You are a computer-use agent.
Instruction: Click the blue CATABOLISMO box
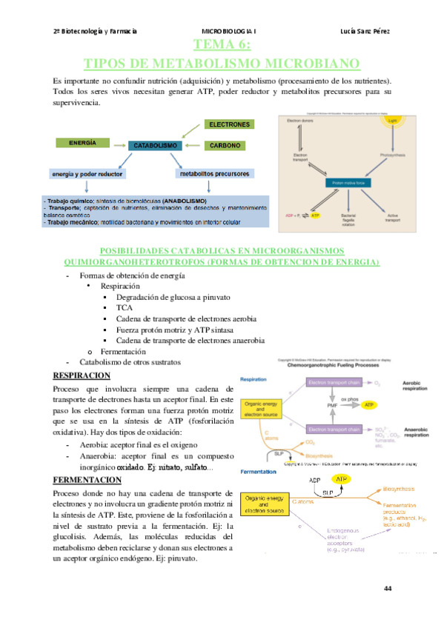[x=155, y=146]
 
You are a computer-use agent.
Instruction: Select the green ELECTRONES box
[x=229, y=124]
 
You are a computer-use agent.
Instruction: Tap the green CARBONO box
[x=229, y=146]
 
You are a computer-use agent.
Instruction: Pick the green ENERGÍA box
[x=84, y=141]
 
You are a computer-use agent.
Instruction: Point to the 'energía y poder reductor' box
[x=88, y=174]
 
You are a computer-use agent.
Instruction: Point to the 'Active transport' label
[x=391, y=218]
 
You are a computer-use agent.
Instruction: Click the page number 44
[x=388, y=588]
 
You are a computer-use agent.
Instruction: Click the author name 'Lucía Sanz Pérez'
[x=365, y=31]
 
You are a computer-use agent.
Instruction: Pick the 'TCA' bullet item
[x=124, y=307]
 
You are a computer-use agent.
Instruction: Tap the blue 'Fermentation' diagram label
[x=257, y=470]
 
